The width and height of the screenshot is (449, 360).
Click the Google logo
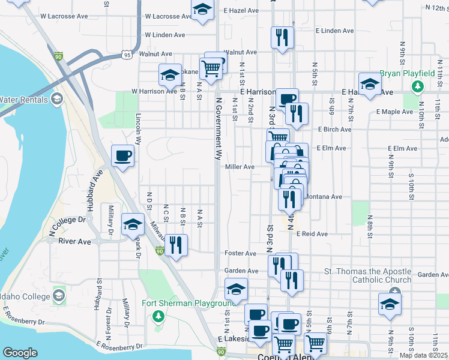coord(20,353)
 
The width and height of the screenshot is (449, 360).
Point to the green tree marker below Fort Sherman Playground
coord(158,316)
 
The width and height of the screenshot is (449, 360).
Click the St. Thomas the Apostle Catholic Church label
coord(368,275)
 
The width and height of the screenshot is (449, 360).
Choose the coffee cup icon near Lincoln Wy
coord(122,156)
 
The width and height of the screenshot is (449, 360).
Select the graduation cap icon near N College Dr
coord(133,225)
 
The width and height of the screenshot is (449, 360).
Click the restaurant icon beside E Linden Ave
coord(282,38)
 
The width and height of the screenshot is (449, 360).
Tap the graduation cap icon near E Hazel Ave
coord(202,10)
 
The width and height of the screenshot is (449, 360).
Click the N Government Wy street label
coord(218,127)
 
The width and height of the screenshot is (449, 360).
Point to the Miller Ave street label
coord(240,167)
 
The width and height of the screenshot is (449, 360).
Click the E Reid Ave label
coord(312,234)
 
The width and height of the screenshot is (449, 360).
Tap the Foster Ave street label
coord(236,253)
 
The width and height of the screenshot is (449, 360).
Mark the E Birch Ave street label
coord(335,129)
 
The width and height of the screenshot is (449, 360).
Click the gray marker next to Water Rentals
coord(58,99)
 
